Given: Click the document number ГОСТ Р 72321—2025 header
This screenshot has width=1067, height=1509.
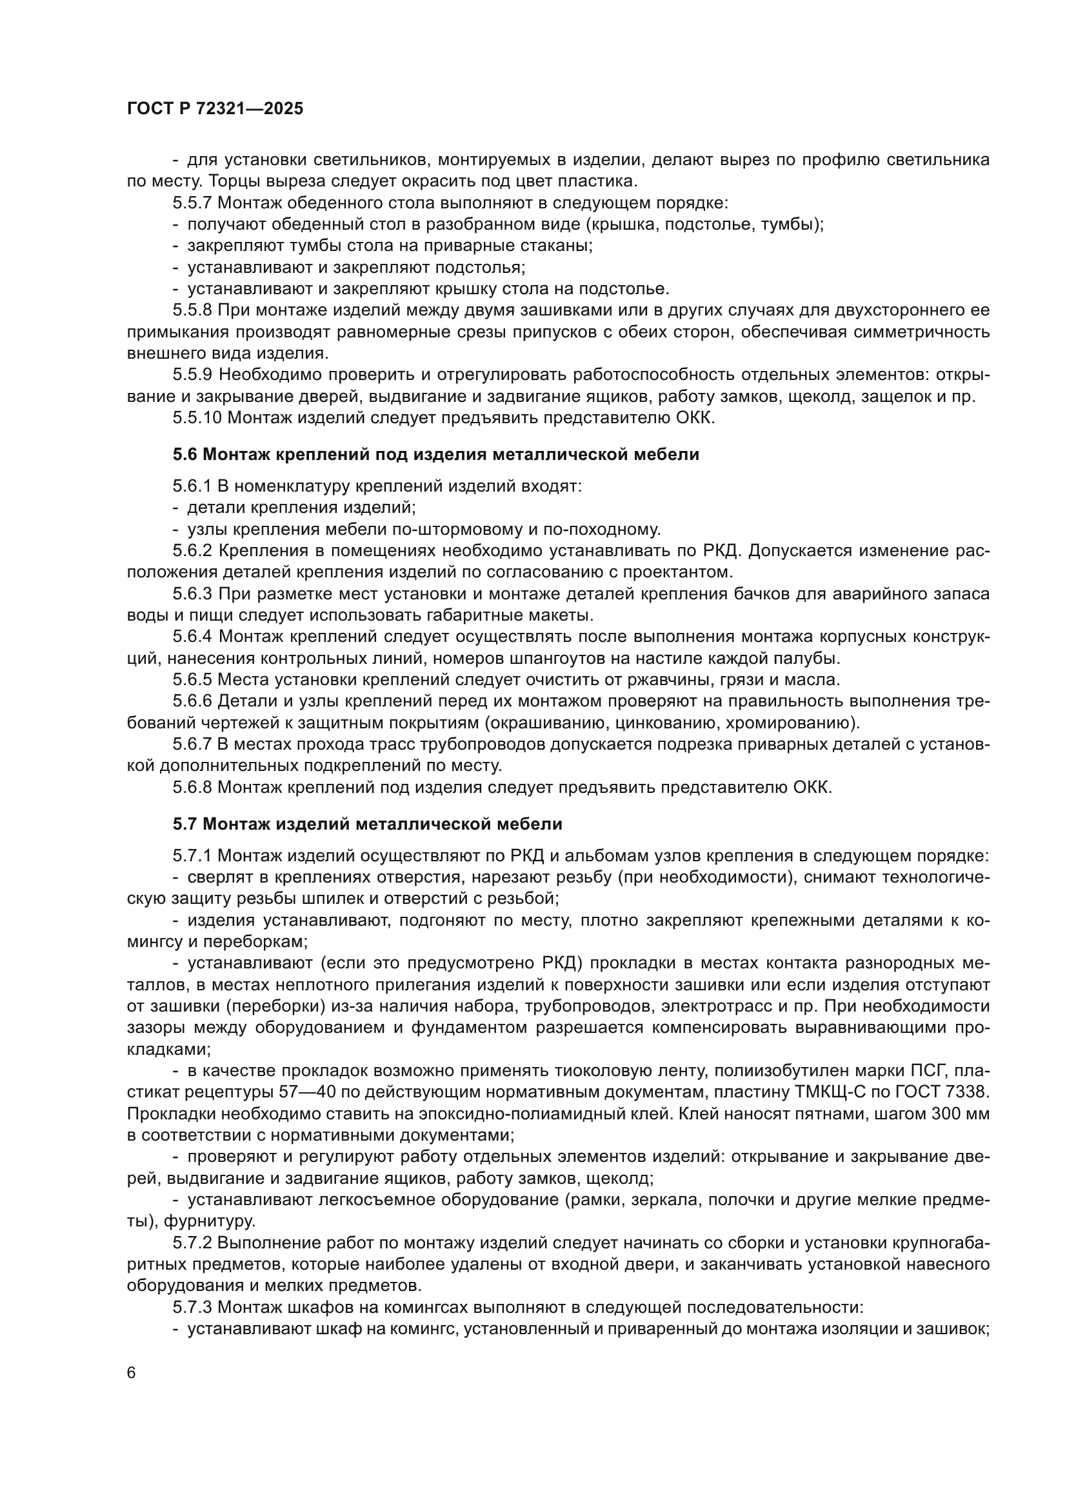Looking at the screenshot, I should [215, 109].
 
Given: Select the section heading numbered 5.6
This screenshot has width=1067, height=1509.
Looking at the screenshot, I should [435, 454].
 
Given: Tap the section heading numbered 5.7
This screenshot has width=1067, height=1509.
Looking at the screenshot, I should [367, 823].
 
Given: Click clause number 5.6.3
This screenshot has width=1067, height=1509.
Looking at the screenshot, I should [193, 594].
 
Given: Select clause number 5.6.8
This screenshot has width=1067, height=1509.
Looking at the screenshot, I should [193, 786].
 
